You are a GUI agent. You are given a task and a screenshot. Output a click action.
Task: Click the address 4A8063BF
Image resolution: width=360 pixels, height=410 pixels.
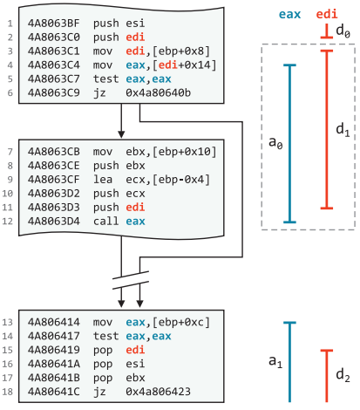[54, 24]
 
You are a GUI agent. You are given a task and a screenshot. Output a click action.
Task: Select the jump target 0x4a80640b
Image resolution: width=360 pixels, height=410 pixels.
[159, 93]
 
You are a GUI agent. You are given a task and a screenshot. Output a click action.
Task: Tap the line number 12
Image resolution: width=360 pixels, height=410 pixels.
[8, 222]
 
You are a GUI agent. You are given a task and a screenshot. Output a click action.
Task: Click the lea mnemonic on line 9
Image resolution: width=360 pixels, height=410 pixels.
[103, 180]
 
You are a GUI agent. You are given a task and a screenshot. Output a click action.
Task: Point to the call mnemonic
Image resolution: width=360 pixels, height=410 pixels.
[105, 222]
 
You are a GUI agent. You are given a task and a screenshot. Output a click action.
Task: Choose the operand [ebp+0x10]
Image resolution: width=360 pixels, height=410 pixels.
[184, 152]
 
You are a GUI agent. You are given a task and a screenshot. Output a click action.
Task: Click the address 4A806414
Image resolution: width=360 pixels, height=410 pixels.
[54, 322]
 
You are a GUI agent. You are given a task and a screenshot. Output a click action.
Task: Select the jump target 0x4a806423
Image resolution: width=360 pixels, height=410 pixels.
[159, 392]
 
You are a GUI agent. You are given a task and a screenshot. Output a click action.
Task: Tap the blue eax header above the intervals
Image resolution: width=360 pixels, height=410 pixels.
[289, 14]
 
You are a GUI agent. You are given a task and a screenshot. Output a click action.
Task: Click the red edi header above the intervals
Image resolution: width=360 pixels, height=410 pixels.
[327, 14]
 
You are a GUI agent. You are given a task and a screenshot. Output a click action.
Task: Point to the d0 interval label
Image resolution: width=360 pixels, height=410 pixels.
[343, 31]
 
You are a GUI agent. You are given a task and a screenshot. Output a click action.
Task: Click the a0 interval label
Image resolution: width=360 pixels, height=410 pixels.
[275, 143]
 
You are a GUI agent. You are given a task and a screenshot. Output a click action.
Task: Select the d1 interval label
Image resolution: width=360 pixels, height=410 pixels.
[343, 130]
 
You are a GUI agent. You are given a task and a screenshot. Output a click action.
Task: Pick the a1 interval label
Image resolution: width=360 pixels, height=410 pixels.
[275, 362]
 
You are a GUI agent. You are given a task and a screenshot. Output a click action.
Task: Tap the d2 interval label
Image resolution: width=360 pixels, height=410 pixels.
[343, 375]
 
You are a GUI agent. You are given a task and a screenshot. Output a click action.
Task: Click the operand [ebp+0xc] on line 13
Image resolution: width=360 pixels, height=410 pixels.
[181, 323]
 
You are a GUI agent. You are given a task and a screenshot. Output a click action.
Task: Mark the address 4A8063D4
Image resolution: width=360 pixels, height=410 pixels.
[54, 222]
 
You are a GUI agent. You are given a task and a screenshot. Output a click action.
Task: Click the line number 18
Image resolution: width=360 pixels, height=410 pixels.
[8, 392]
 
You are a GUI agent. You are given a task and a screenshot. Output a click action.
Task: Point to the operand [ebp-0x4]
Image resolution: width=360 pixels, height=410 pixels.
[181, 180]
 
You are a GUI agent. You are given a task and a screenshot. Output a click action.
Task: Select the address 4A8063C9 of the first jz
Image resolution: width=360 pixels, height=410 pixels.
[54, 93]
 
